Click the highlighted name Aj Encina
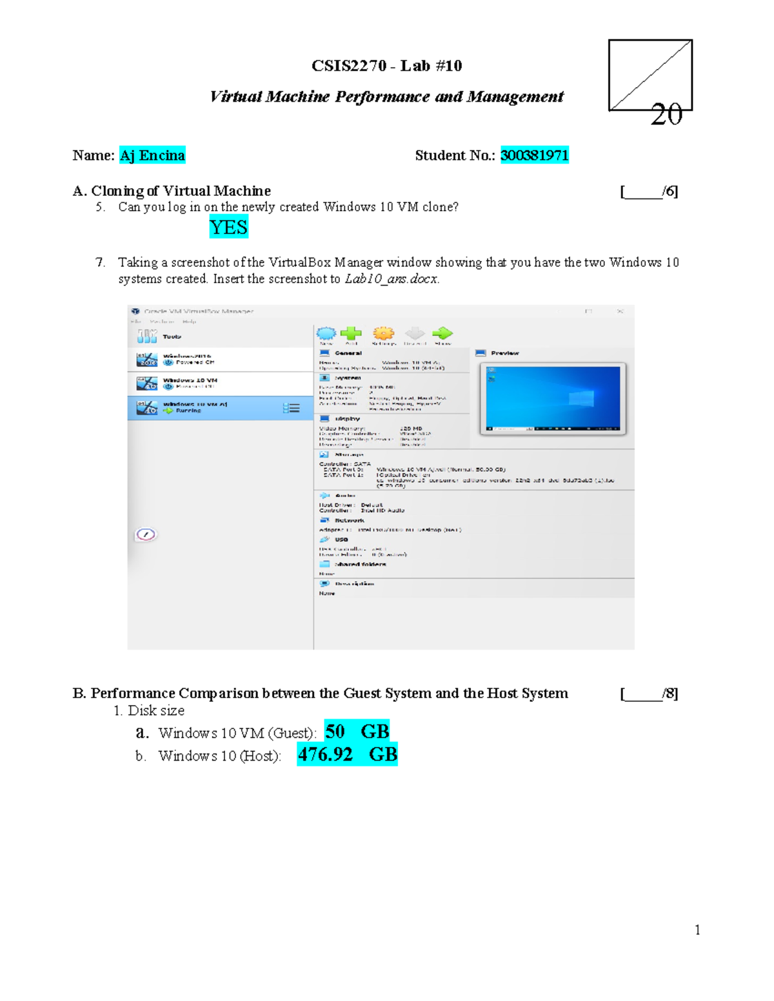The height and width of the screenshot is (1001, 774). tap(152, 155)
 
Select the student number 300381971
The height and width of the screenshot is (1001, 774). tap(534, 155)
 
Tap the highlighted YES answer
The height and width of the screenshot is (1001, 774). tap(228, 228)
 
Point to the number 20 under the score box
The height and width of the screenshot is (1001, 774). tap(666, 115)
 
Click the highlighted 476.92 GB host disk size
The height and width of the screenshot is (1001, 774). tap(347, 754)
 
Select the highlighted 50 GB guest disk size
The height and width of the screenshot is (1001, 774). tap(357, 732)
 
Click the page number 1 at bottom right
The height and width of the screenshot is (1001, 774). tap(697, 929)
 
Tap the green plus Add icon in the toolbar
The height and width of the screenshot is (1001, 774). tap(351, 334)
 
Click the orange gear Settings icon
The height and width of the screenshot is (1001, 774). tap(383, 334)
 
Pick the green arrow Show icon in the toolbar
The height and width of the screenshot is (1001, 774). tap(442, 334)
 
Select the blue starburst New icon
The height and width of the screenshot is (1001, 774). tap(326, 334)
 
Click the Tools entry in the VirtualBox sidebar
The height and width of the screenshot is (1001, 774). tap(171, 336)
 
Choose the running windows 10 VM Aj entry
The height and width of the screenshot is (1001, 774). tap(194, 407)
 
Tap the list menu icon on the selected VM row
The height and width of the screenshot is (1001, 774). tap(292, 408)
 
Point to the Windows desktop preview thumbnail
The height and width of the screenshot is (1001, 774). tap(553, 398)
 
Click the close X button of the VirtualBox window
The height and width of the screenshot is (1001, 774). tap(620, 311)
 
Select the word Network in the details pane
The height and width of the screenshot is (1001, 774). tap(349, 520)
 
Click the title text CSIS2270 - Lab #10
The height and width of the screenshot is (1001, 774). tap(386, 66)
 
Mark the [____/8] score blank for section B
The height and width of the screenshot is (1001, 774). tap(648, 694)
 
